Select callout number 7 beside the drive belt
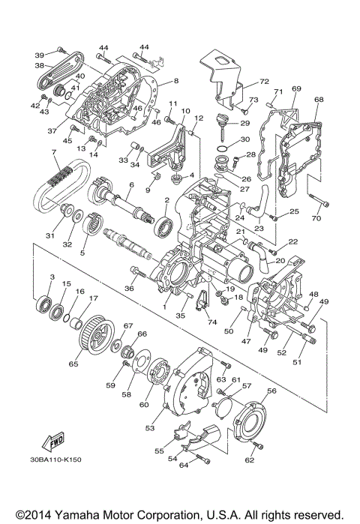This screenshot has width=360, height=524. pyautogui.click(x=54, y=153)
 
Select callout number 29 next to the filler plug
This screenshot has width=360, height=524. pyautogui.click(x=244, y=123)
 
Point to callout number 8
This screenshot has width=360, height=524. pyautogui.click(x=175, y=80)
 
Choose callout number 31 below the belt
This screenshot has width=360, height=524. pyautogui.click(x=50, y=236)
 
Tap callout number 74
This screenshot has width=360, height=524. pyautogui.click(x=211, y=322)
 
